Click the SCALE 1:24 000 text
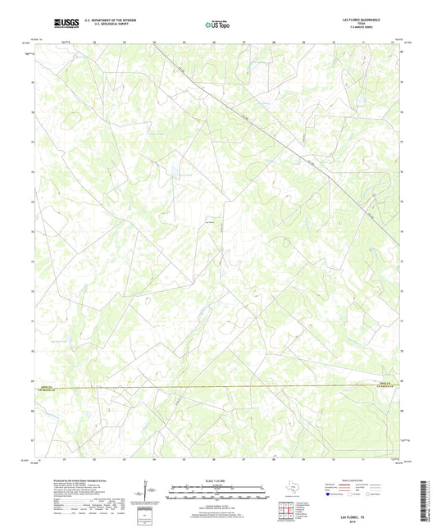(x=217, y=481)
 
